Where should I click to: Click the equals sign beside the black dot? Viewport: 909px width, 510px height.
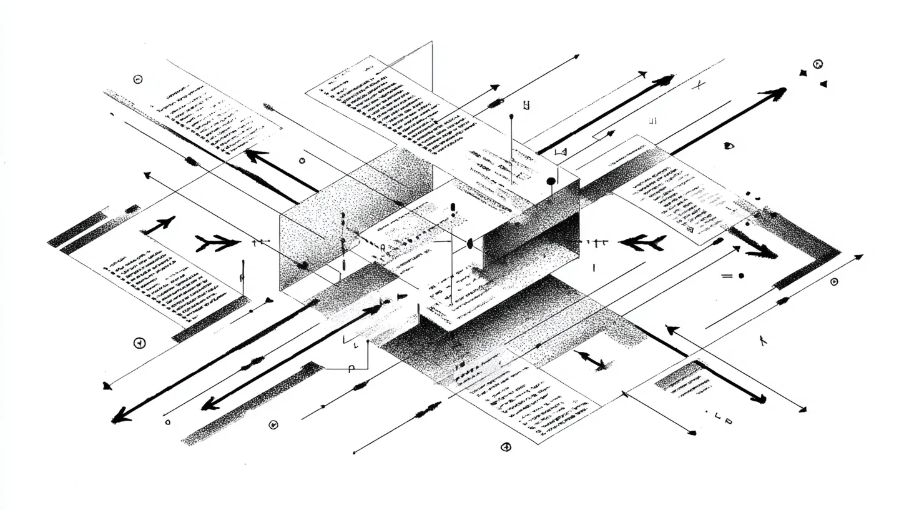coord(727,276)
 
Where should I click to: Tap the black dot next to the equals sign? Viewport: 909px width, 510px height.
coord(741,275)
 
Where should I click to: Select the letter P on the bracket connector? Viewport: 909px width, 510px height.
coord(351,368)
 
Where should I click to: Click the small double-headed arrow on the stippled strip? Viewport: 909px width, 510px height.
coord(591,360)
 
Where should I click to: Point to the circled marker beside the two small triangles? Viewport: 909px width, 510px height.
coord(817,64)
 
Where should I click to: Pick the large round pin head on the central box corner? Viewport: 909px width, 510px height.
coord(551,182)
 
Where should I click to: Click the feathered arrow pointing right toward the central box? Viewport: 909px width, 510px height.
coord(217,243)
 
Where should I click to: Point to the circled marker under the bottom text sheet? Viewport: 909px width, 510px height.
coord(506,446)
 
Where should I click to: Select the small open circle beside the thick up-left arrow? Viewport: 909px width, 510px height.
coord(302,161)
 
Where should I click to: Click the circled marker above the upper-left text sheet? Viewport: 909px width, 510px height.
coord(138,79)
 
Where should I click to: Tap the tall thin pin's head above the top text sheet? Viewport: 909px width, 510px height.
coord(511,116)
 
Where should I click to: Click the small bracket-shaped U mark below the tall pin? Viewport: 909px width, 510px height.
coord(526,106)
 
